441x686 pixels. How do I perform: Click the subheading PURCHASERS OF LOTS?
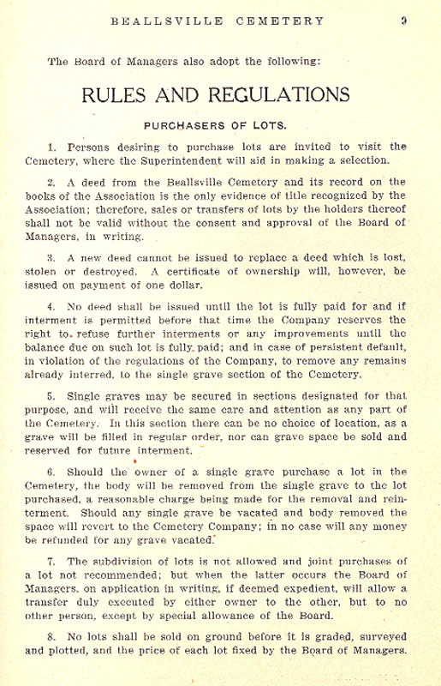[215, 124]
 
